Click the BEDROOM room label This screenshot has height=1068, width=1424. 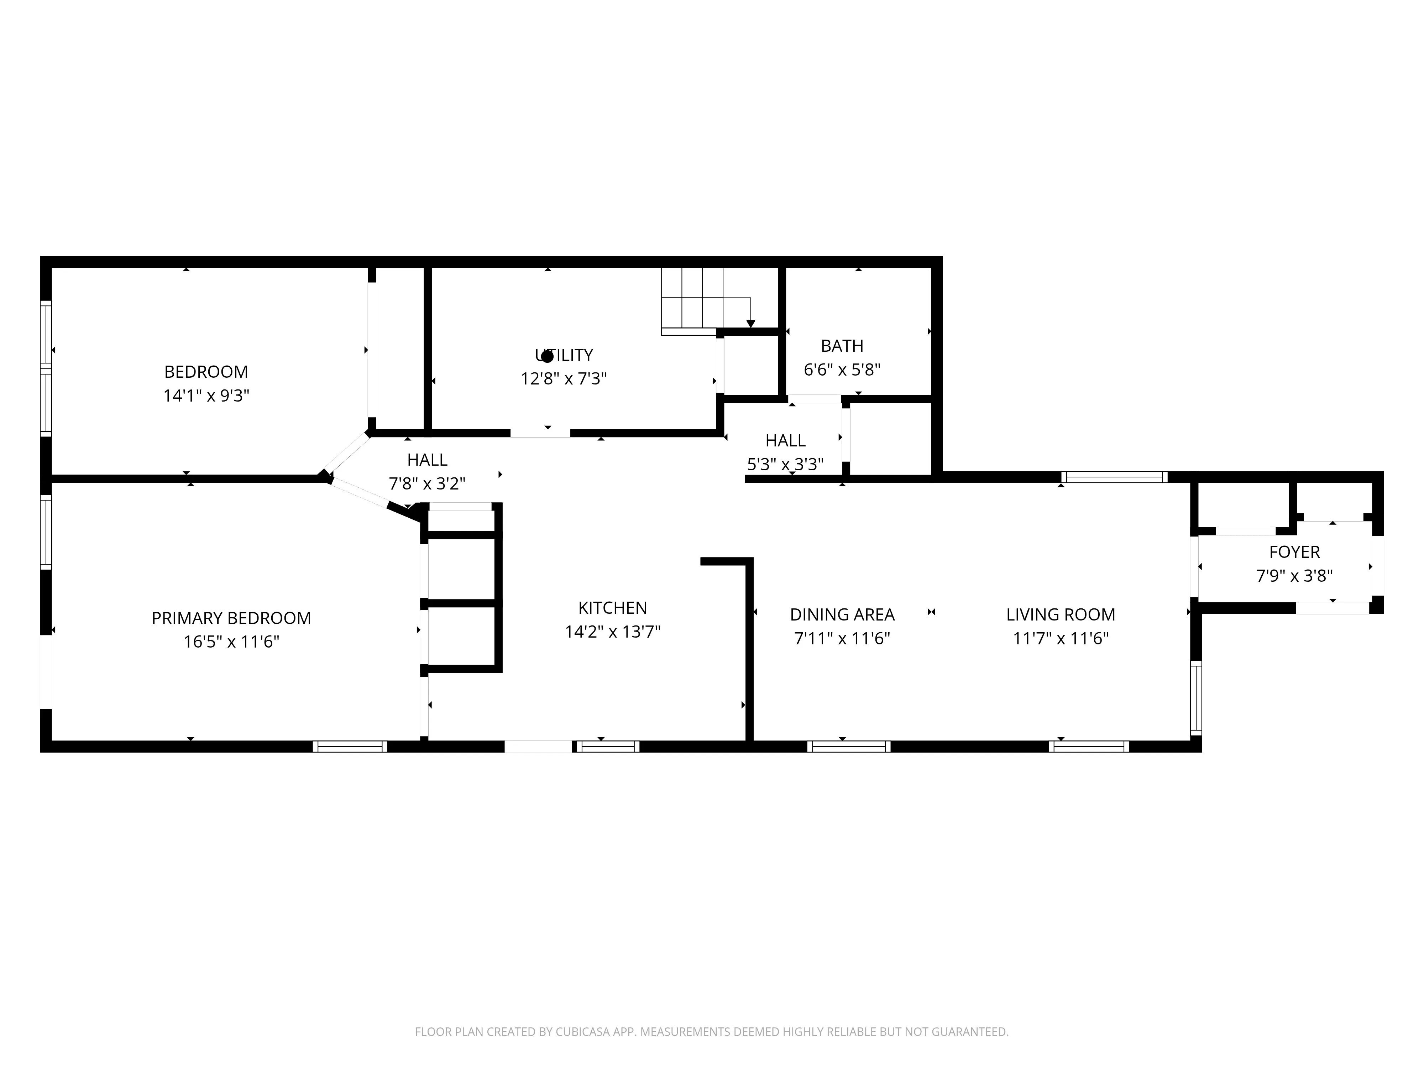[206, 371]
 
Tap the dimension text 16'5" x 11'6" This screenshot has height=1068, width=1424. [231, 642]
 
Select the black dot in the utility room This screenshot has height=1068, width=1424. [547, 356]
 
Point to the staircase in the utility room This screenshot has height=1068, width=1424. [705, 299]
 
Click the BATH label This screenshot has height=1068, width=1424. [842, 346]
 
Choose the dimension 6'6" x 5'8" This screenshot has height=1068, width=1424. [842, 370]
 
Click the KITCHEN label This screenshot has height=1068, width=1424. [612, 608]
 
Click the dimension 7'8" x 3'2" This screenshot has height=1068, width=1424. [427, 483]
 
